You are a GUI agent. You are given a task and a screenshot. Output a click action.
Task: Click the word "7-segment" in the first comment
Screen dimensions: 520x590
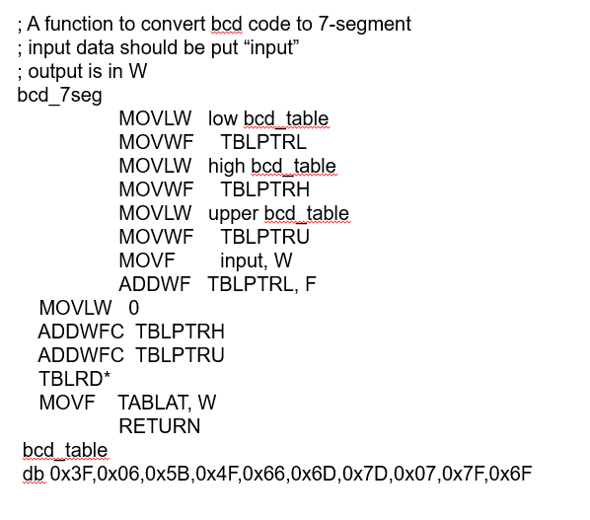362,24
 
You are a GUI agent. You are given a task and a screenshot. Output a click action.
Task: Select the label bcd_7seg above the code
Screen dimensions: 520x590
59,95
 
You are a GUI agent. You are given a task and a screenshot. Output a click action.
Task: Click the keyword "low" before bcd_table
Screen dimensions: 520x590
223,118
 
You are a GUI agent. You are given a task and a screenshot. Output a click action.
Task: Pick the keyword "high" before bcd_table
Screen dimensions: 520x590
227,166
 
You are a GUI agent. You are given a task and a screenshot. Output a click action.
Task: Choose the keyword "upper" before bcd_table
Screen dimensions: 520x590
232,213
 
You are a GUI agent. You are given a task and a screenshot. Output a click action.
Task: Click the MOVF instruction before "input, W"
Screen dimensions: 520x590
146,260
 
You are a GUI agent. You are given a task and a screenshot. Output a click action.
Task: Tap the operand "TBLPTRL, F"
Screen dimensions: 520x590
262,284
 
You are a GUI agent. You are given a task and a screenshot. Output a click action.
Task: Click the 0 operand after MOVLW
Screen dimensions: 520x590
134,308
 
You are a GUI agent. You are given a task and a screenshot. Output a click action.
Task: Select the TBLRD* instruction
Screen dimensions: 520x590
74,379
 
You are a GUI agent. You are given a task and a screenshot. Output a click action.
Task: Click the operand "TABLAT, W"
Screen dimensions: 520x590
167,403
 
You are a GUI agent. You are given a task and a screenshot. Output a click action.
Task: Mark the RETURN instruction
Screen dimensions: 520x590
159,426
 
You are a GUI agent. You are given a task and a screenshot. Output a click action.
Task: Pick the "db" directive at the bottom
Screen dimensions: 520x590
34,474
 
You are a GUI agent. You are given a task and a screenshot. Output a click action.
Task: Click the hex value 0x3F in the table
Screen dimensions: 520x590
71,474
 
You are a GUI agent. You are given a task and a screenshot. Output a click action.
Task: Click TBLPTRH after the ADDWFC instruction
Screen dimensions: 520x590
180,332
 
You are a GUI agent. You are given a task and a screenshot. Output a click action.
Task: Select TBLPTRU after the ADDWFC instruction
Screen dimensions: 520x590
180,355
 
